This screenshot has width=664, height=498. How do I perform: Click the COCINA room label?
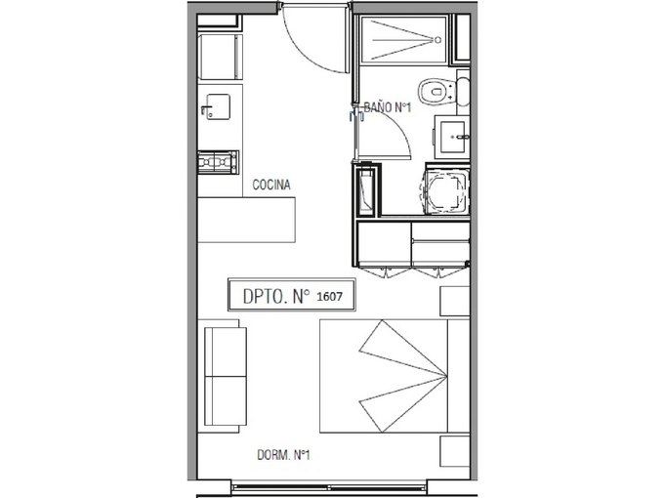[271, 185]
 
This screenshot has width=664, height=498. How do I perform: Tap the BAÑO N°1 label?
[388, 107]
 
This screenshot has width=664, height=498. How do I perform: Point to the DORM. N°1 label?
[284, 455]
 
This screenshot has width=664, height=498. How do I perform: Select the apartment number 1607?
[329, 297]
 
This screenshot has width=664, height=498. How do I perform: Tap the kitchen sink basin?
[218, 106]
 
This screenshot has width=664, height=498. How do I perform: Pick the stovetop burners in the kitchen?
[218, 162]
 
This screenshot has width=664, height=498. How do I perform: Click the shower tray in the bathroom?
[403, 40]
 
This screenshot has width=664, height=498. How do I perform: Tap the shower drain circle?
[437, 40]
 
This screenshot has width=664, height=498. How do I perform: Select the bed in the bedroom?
[394, 376]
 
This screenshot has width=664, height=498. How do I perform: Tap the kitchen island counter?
[246, 220]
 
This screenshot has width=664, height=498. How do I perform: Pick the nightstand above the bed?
[455, 301]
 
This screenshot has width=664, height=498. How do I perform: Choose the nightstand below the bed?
[455, 451]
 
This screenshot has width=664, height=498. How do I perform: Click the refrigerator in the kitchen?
[221, 58]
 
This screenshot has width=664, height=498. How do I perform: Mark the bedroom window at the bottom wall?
[329, 485]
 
